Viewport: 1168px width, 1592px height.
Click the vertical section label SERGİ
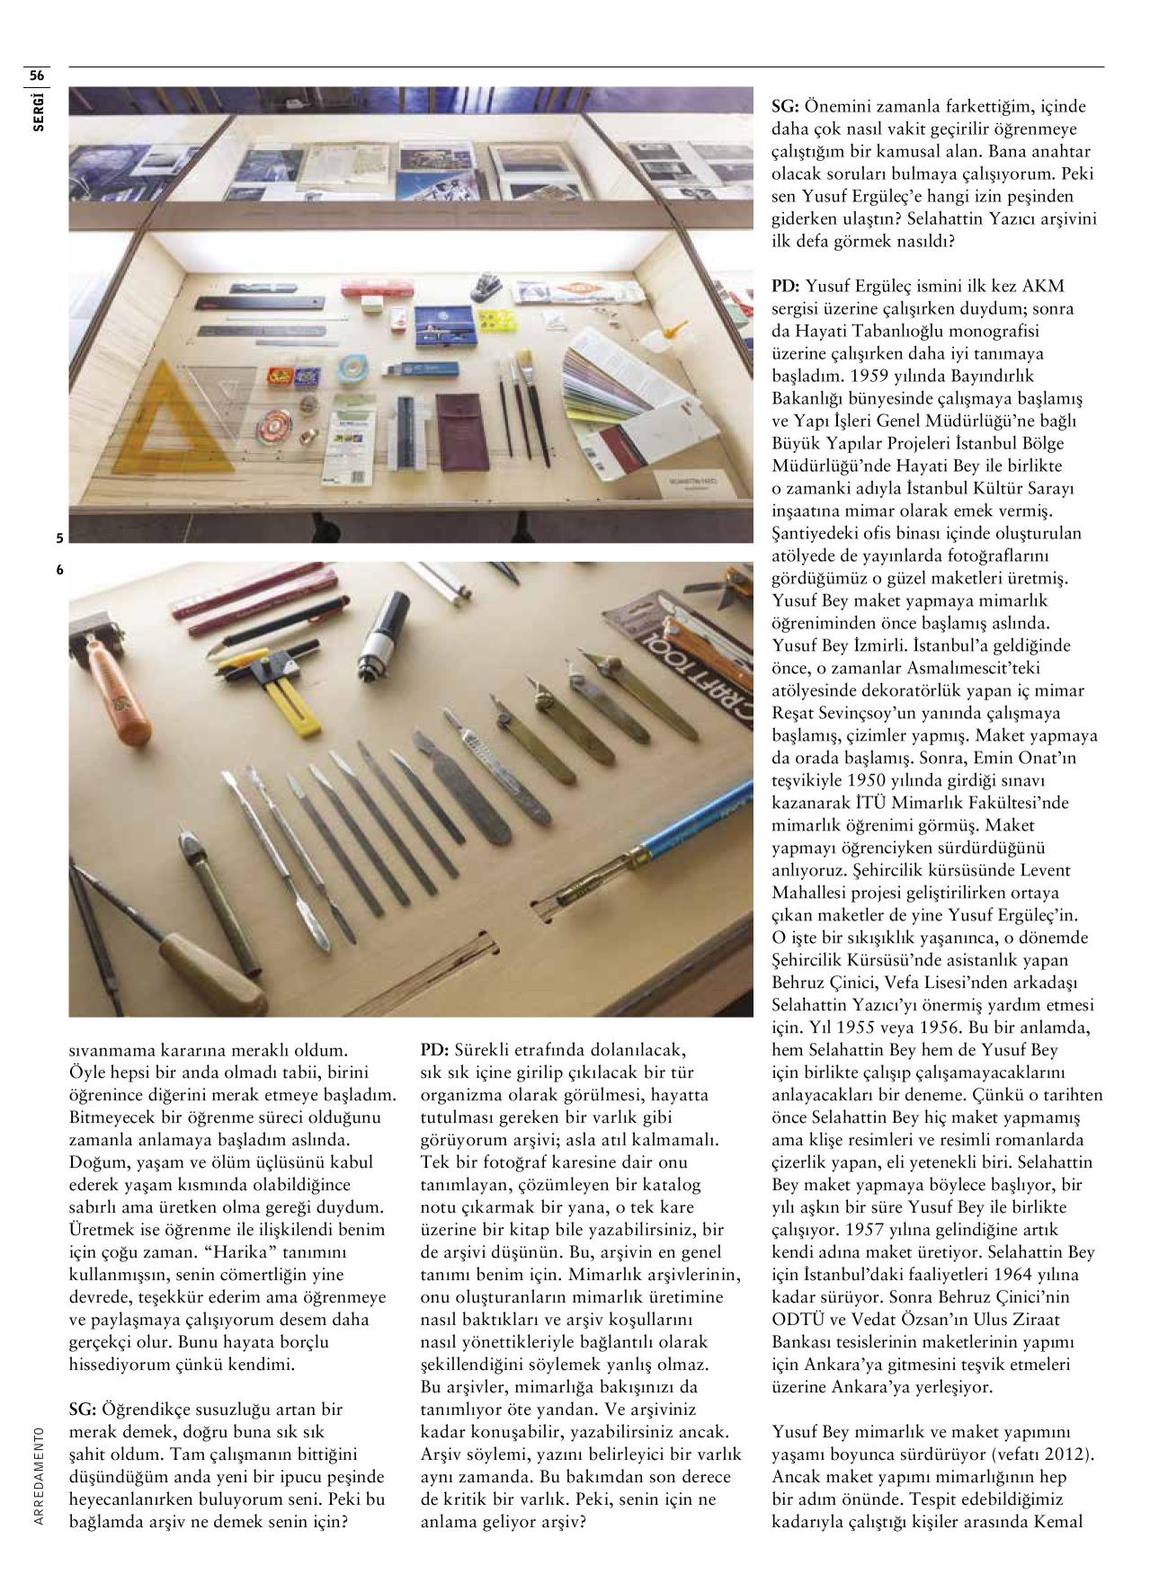(37, 110)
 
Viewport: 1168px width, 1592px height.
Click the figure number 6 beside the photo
(59, 570)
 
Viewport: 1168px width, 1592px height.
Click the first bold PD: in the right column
(786, 287)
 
